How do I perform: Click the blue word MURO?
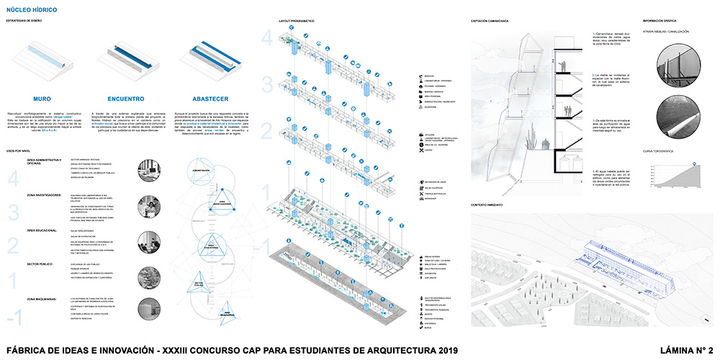coord(42,99)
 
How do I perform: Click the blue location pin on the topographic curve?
coord(695,165)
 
